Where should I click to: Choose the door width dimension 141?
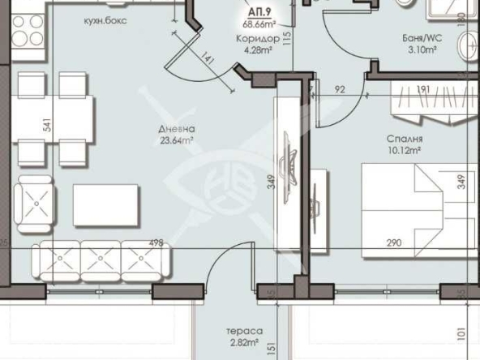tap(209, 58)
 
